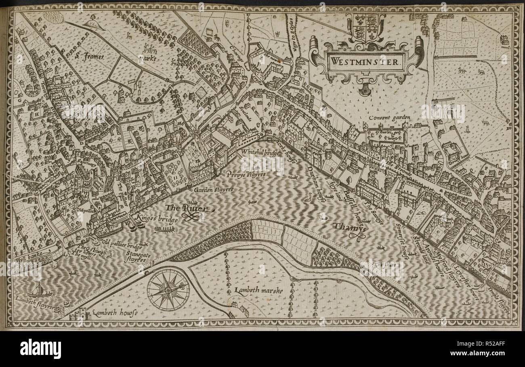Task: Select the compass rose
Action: click(x=168, y=289)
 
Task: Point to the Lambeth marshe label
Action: click(x=253, y=290)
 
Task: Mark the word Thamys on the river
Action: click(x=350, y=227)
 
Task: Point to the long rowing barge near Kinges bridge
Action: click(x=164, y=229)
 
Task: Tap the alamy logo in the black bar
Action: click(x=40, y=348)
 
